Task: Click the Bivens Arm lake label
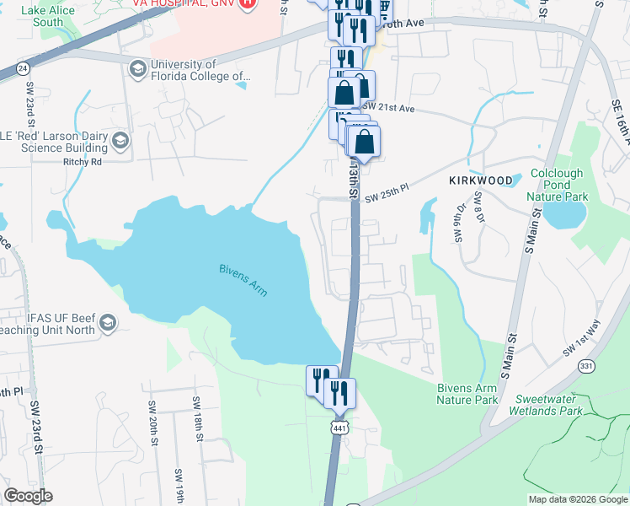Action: click(x=243, y=279)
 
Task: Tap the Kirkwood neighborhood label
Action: click(x=480, y=180)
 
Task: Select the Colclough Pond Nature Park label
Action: click(x=556, y=185)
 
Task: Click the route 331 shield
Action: click(x=587, y=365)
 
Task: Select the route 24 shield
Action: click(x=23, y=67)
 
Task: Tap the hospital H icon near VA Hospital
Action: click(x=247, y=3)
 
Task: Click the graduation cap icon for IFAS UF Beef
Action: click(x=108, y=324)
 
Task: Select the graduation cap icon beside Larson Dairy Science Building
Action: click(x=120, y=141)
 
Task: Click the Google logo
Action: click(x=28, y=496)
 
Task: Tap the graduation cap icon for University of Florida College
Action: click(x=137, y=68)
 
